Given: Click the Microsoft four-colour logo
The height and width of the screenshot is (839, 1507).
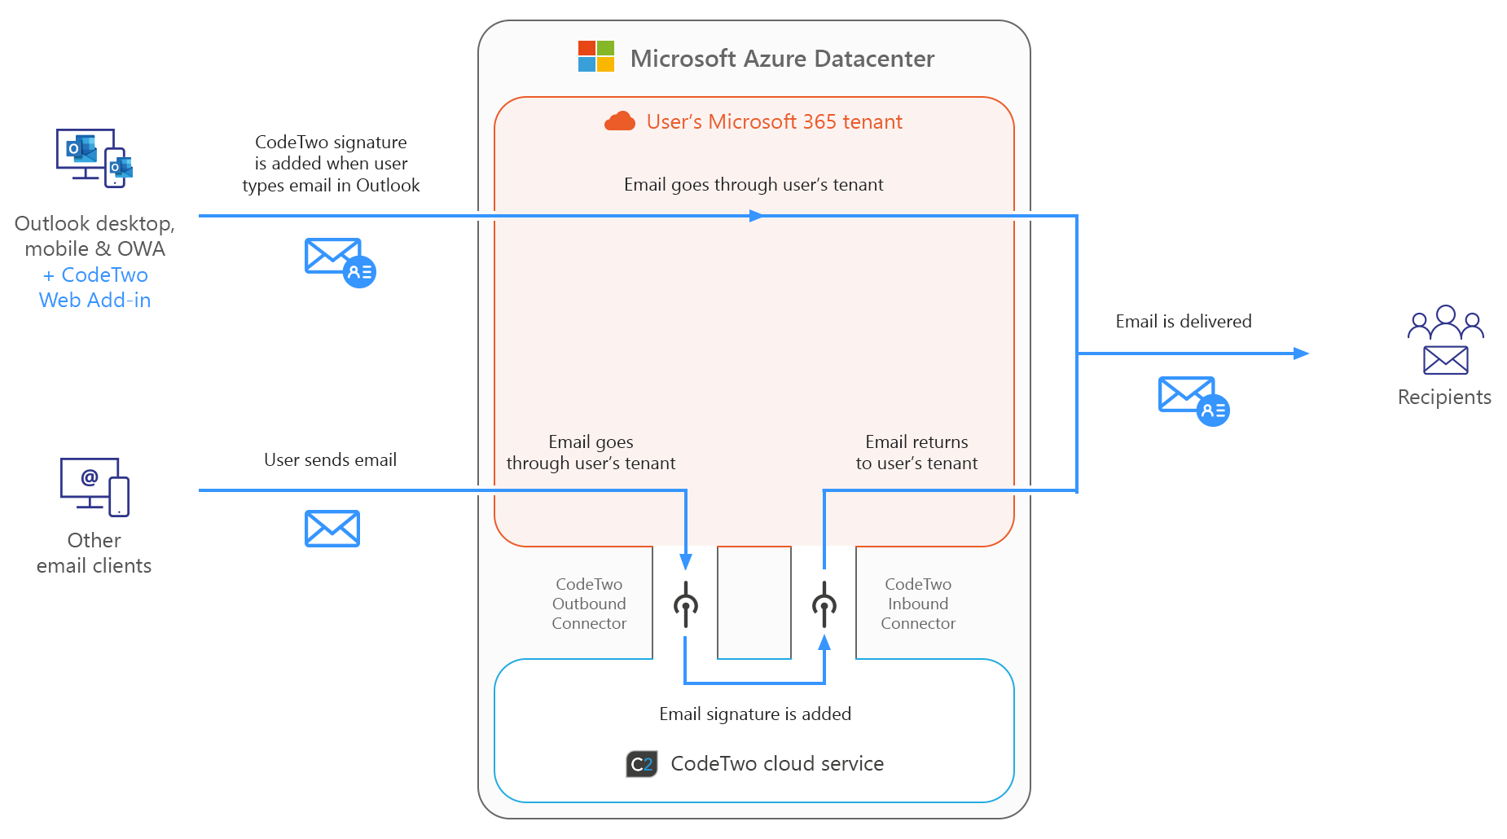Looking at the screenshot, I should (x=595, y=57).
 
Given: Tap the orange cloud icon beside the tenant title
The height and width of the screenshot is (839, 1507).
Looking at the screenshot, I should (x=620, y=121).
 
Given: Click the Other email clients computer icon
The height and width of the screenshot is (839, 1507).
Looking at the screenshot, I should (x=94, y=486).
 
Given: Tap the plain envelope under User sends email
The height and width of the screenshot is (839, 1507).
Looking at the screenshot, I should (x=332, y=529).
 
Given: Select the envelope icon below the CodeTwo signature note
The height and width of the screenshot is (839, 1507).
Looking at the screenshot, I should (x=340, y=261).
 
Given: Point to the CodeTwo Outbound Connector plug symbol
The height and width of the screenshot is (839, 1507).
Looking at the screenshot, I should (x=686, y=604).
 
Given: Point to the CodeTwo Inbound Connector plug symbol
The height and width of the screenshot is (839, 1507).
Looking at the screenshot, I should (x=824, y=604).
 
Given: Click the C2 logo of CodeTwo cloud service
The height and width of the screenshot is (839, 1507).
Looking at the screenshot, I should (x=642, y=764).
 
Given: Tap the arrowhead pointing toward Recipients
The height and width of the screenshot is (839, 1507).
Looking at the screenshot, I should (x=1301, y=354).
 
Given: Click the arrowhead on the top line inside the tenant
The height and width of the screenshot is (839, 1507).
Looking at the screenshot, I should (x=757, y=216).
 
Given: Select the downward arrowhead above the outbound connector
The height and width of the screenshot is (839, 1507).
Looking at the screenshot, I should (x=686, y=561).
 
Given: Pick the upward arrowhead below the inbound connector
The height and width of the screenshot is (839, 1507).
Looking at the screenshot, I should (x=824, y=643).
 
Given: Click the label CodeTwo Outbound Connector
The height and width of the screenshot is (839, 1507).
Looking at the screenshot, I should (x=589, y=604).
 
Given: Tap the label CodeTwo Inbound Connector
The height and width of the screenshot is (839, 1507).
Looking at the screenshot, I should (x=918, y=604).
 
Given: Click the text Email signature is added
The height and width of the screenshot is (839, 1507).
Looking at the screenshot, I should (x=755, y=714).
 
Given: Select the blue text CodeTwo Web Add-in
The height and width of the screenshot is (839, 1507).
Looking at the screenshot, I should (x=95, y=288).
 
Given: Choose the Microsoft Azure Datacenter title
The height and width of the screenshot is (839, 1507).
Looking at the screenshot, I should (x=782, y=59).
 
